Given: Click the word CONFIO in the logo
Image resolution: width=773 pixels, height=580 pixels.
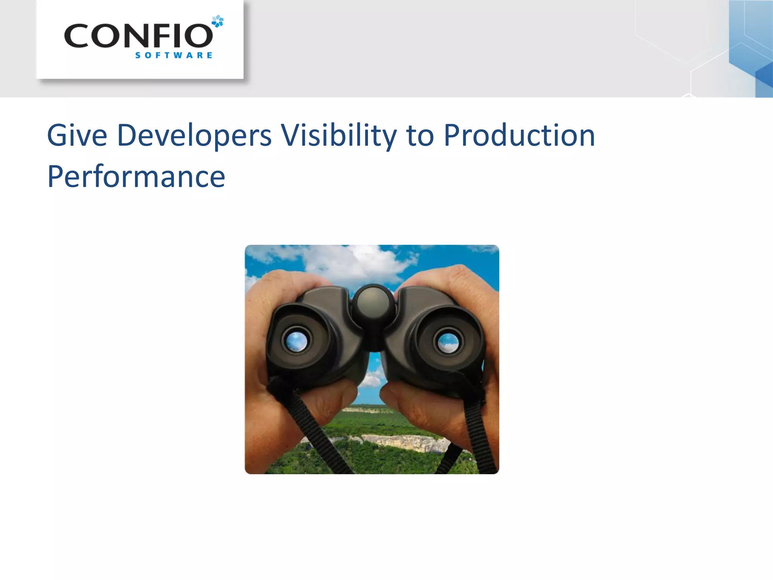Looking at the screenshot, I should (x=138, y=36).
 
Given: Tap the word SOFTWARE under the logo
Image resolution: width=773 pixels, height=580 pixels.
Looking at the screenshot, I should (x=174, y=56).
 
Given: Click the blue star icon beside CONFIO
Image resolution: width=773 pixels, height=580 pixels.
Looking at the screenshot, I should (x=218, y=21).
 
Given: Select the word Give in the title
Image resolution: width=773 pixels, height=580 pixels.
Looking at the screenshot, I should (x=77, y=135).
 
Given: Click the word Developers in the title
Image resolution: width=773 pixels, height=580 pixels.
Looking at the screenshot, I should (x=194, y=136).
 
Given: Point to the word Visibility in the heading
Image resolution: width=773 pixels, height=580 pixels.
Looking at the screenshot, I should (x=339, y=136).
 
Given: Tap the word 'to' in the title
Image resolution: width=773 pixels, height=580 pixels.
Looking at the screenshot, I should (x=420, y=136).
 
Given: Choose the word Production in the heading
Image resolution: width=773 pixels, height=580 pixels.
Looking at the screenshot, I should (x=519, y=136).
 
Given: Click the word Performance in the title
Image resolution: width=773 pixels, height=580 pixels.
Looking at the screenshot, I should (x=136, y=177).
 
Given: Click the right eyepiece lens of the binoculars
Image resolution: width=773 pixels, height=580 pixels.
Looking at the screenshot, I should (x=448, y=342).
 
